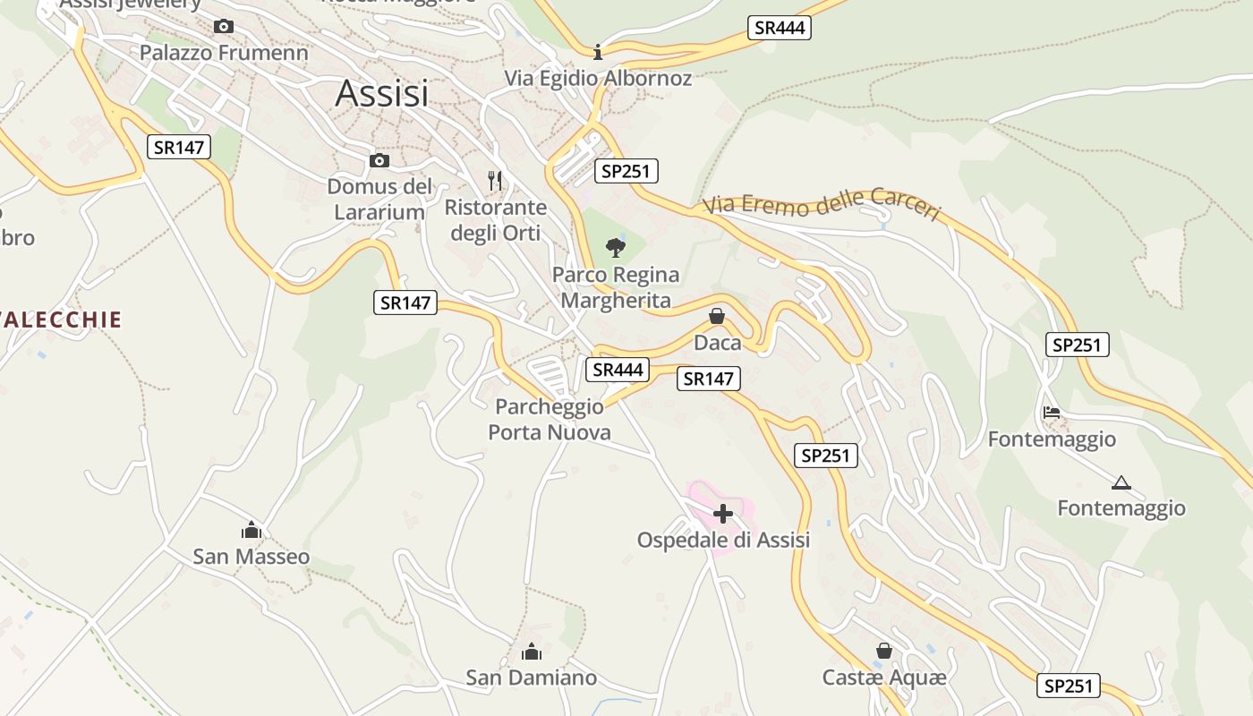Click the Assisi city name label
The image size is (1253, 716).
382,93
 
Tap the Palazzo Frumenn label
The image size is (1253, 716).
224,53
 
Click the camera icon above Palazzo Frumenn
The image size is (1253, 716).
224,27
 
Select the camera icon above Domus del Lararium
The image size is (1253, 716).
379,161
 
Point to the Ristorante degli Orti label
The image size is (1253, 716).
496,220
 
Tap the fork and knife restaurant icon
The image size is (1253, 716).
495,179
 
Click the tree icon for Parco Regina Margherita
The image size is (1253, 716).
615,247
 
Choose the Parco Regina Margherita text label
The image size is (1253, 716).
616,287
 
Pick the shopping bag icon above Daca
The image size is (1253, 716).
717,316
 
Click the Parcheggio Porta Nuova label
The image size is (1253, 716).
550,420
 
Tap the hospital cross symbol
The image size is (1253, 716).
723,514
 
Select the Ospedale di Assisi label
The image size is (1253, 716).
723,540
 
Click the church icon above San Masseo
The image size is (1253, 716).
251,530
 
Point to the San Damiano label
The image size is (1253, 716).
531,678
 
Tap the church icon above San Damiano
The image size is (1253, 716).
531,651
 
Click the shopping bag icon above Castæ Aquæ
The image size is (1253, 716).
884,651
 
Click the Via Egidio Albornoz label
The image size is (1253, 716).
598,78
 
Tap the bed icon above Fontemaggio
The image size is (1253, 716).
1052,413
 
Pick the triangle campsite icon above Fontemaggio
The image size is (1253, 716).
1121,483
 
